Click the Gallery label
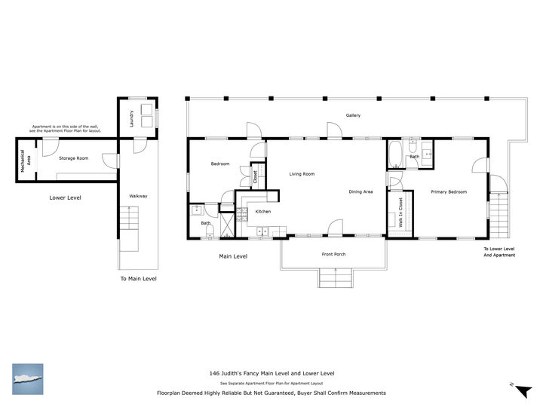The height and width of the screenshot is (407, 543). click(353, 115)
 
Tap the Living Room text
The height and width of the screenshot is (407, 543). click(302, 174)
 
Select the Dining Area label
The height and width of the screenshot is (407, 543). click(360, 192)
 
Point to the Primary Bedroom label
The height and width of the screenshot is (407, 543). click(449, 192)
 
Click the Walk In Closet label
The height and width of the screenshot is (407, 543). click(400, 213)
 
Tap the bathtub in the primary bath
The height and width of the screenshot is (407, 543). click(395, 156)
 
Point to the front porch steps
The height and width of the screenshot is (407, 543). click(336, 278)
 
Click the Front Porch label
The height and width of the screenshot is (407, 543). click(333, 255)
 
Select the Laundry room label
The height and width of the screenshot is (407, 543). click(131, 119)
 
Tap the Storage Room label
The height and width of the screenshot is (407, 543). click(74, 158)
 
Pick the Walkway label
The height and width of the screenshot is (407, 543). click(138, 196)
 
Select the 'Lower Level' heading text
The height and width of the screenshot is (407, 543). click(65, 198)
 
